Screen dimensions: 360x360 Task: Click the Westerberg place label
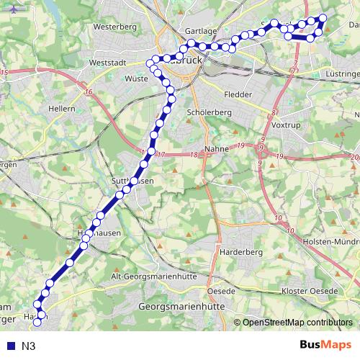point(114,27)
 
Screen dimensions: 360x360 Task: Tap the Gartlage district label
point(200,32)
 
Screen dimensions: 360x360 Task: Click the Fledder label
point(238,94)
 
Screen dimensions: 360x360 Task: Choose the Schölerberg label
point(208,114)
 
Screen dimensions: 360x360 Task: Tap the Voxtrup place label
point(286,125)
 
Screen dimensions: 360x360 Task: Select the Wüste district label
point(136,79)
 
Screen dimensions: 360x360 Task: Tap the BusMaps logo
point(325,346)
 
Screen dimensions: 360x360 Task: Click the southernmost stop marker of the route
point(37,322)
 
